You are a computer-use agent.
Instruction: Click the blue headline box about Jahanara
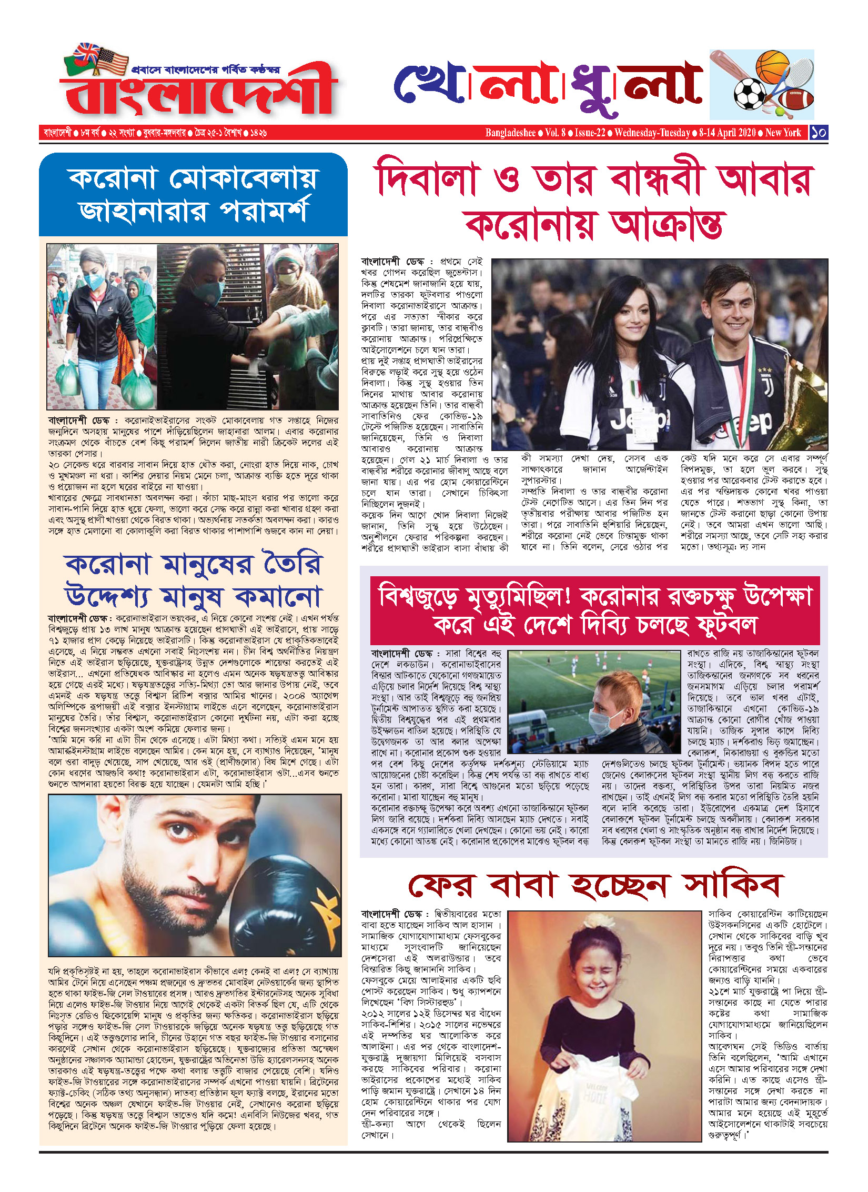(193, 195)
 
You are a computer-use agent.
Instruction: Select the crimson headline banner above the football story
(594, 610)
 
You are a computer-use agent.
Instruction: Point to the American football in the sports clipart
(795, 98)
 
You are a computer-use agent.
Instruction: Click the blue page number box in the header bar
(819, 133)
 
